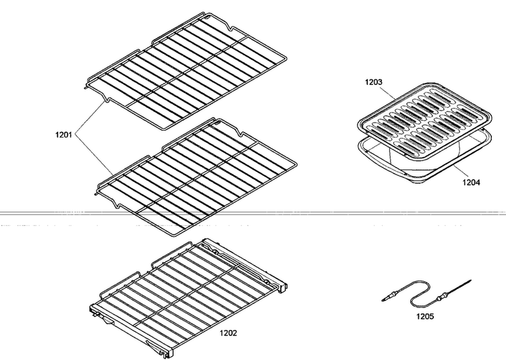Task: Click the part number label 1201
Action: [x=63, y=135]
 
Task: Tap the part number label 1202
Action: [x=228, y=333]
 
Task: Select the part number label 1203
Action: [x=373, y=82]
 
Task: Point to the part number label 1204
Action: [x=471, y=183]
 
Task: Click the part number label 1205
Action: [x=425, y=316]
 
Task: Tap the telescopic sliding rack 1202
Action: [x=188, y=297]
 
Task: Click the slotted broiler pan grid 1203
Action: [x=425, y=123]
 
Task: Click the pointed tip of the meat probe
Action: [x=470, y=280]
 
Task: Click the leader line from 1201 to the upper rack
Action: [x=90, y=117]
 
